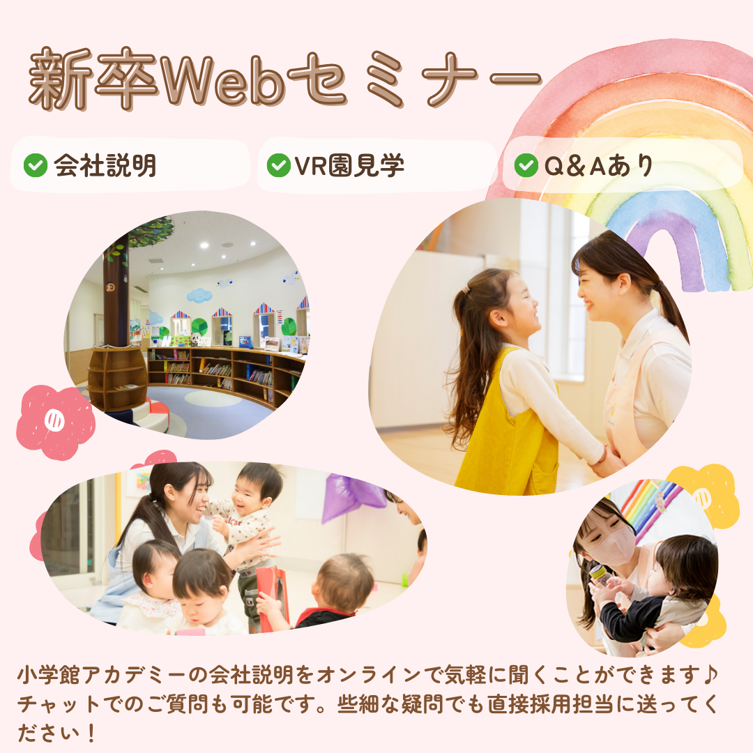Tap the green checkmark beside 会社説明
pyautogui.click(x=36, y=166)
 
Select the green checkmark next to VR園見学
pyautogui.click(x=279, y=165)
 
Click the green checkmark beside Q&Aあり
pyautogui.click(x=526, y=165)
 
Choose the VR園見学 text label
pyautogui.click(x=349, y=165)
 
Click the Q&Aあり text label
pyautogui.click(x=598, y=165)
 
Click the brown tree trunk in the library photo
pyautogui.click(x=116, y=293)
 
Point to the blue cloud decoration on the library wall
pyautogui.click(x=199, y=295)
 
